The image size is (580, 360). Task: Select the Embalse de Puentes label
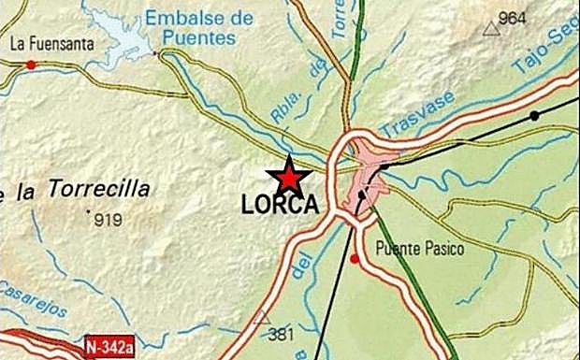(x=199, y=28)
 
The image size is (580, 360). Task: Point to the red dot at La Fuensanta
(x=31, y=65)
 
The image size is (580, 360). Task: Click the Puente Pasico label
(x=419, y=249)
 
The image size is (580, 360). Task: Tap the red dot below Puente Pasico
(x=355, y=258)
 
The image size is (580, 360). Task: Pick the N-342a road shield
(x=109, y=347)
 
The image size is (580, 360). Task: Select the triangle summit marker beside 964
(x=491, y=28)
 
